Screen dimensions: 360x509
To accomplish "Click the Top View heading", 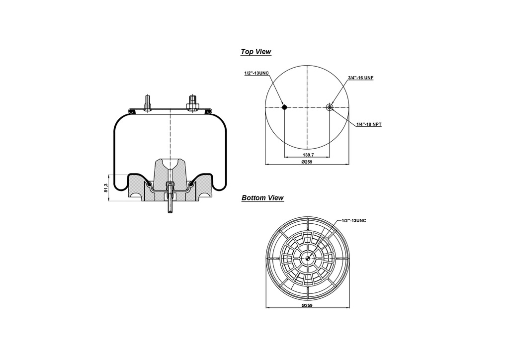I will [x=255, y=52].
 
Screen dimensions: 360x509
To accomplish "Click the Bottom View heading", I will [x=262, y=198].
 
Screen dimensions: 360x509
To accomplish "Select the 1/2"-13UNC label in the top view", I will [x=256, y=73].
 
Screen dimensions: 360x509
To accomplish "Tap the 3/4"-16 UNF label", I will [x=360, y=78].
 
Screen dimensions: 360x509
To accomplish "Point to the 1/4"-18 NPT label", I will [x=369, y=124].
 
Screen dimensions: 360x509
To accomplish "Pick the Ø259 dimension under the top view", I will [x=307, y=162].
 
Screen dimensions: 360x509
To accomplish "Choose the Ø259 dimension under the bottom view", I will [x=307, y=305].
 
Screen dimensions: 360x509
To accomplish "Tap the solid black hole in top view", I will [x=284, y=107].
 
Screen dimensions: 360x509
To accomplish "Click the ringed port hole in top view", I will [x=330, y=107].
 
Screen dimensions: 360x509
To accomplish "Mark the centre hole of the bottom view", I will [x=308, y=258].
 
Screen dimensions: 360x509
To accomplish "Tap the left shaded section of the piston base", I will [x=137, y=191].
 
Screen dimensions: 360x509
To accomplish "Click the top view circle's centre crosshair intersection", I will [x=307, y=107].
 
